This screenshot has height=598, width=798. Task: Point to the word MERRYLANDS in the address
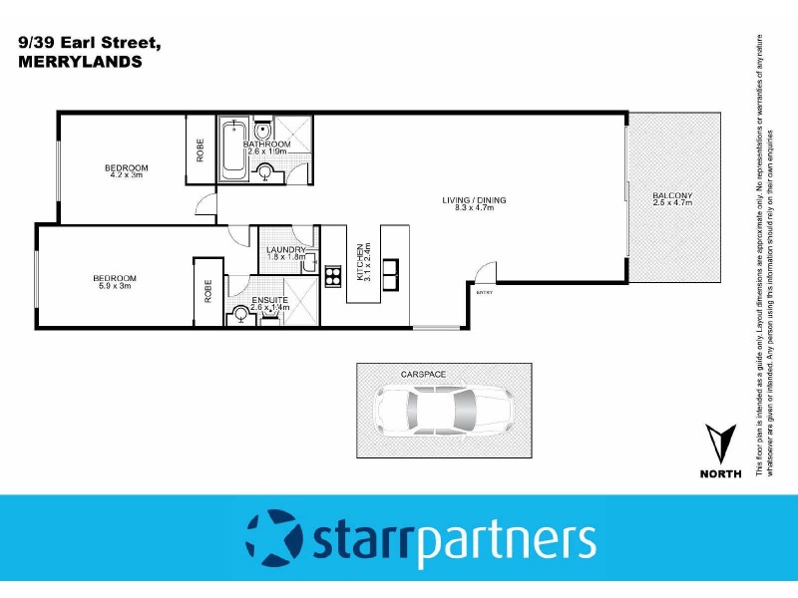(80, 61)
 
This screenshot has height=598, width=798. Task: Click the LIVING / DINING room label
(475, 200)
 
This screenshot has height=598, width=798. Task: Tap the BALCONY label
(672, 194)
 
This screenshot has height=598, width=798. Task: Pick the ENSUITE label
(270, 299)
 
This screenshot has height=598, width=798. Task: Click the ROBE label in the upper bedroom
(200, 150)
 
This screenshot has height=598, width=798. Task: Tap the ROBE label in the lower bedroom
(208, 292)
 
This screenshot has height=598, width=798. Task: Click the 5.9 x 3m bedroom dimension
(114, 286)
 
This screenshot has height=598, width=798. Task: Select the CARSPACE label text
(423, 374)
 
